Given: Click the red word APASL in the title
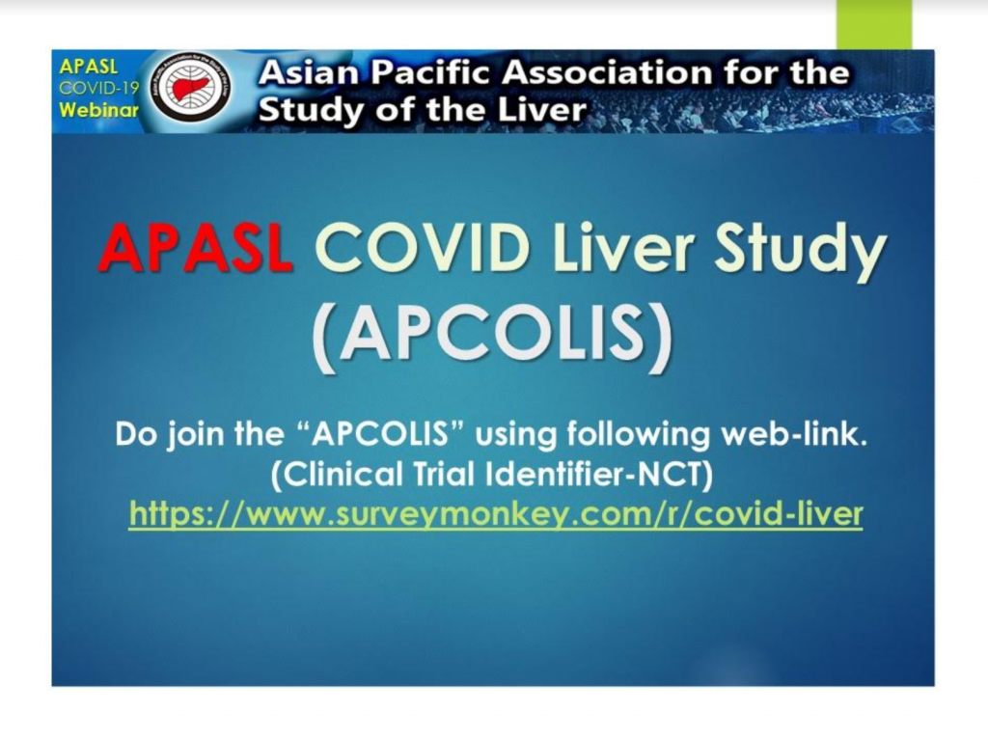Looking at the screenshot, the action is (195, 249).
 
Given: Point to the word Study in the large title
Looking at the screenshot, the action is (801, 252).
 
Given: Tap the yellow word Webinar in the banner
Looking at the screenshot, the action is (99, 110).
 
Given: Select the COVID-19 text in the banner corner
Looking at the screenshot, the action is (98, 88).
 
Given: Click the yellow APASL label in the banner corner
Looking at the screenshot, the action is (88, 67).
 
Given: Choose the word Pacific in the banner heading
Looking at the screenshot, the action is (429, 73).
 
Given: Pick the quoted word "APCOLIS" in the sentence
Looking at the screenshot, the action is (380, 435).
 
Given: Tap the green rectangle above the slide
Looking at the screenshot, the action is (874, 24).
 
